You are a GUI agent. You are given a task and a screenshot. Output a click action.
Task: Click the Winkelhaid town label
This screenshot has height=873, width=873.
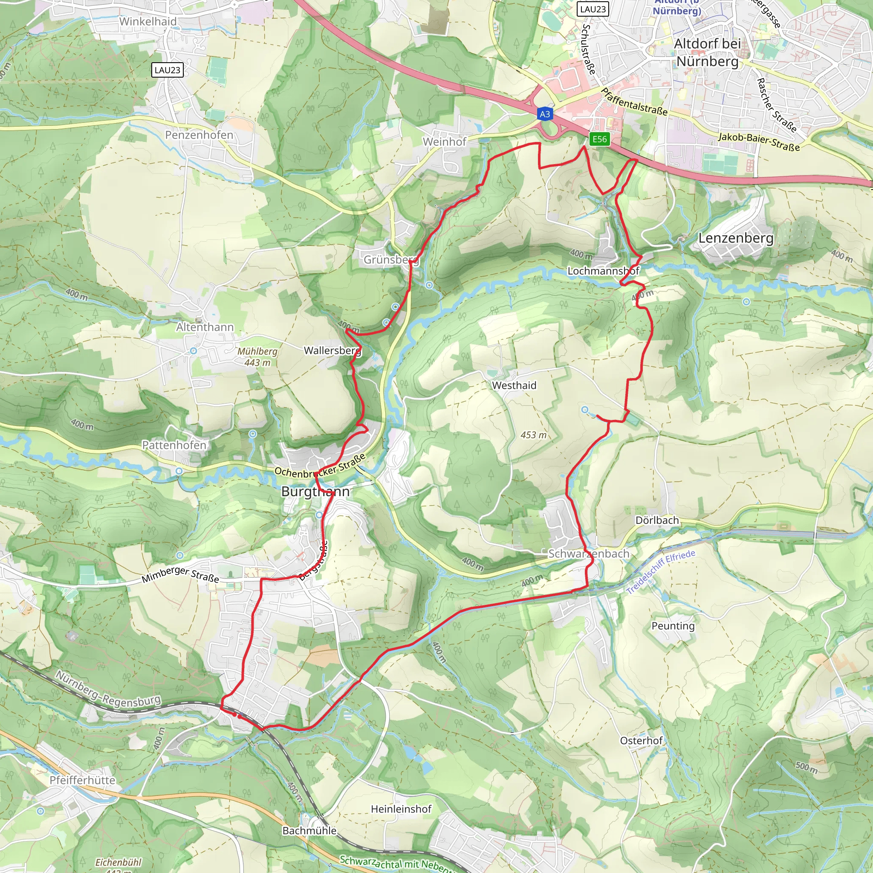tap(148, 21)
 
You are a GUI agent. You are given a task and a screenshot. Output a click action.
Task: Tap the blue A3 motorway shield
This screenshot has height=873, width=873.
tap(545, 114)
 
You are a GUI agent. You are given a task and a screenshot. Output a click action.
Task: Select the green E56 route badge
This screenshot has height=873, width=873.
tap(600, 139)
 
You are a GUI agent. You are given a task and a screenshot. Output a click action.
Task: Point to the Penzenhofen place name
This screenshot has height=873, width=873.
tap(199, 135)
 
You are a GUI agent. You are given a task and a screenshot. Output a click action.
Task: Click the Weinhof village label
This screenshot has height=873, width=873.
tap(444, 142)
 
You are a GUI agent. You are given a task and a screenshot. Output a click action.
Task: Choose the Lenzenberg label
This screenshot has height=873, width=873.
tap(736, 238)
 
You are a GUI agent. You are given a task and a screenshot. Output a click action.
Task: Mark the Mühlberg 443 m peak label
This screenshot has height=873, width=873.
tap(257, 356)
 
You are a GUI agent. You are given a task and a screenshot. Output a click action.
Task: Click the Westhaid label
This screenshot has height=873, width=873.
tap(514, 385)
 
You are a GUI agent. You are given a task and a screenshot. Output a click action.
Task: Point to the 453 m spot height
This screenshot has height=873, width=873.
tap(533, 435)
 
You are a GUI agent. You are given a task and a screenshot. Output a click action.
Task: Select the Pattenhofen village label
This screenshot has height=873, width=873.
tap(174, 445)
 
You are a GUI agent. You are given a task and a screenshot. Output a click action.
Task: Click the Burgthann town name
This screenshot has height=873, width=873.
tap(315, 491)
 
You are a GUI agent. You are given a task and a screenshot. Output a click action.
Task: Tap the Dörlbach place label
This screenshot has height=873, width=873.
tap(657, 520)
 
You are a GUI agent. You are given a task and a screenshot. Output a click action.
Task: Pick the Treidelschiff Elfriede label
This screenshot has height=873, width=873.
tap(661, 572)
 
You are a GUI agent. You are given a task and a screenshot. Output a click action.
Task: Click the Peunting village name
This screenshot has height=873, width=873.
tap(673, 626)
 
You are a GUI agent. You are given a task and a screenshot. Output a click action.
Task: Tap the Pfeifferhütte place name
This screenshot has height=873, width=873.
tap(82, 780)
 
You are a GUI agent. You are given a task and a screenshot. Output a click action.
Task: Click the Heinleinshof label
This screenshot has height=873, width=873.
tap(401, 809)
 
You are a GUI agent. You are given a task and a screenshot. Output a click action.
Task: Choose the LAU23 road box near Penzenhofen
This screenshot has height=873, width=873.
tap(167, 70)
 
